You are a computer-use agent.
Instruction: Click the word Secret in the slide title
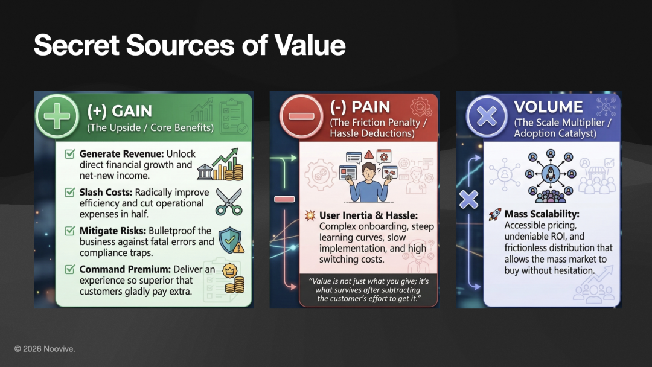pyautogui.click(x=77, y=45)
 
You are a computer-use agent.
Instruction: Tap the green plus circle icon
pyautogui.click(x=57, y=116)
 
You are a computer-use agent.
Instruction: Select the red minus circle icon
pyautogui.click(x=301, y=116)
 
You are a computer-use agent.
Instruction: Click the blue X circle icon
pyautogui.click(x=487, y=116)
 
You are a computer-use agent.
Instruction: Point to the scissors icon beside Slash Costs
pyautogui.click(x=229, y=202)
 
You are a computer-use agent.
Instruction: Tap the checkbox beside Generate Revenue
pyautogui.click(x=70, y=154)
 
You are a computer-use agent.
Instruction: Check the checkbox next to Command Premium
pyautogui.click(x=70, y=269)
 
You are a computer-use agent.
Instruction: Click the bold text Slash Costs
pyautogui.click(x=106, y=193)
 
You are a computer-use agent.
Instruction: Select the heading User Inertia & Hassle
pyautogui.click(x=368, y=215)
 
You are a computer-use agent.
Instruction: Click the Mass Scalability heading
pyautogui.click(x=542, y=214)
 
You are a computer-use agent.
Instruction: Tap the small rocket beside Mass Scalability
pyautogui.click(x=495, y=214)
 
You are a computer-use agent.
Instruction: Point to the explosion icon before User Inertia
pyautogui.click(x=310, y=215)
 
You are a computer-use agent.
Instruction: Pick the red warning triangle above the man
pyautogui.click(x=369, y=155)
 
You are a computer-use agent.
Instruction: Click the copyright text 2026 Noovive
pyautogui.click(x=45, y=349)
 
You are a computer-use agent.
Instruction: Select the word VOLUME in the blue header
pyautogui.click(x=548, y=107)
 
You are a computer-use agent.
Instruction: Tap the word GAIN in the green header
pyautogui.click(x=132, y=112)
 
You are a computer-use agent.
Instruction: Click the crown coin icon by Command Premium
pyautogui.click(x=229, y=271)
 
